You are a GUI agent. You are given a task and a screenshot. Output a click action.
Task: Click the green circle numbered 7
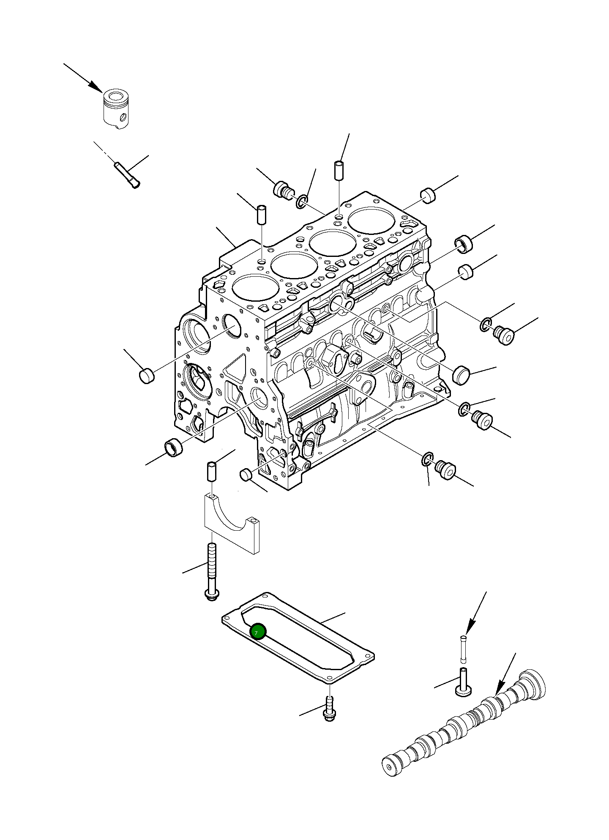[258, 632]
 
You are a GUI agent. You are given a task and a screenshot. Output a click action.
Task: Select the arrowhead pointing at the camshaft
[500, 690]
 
